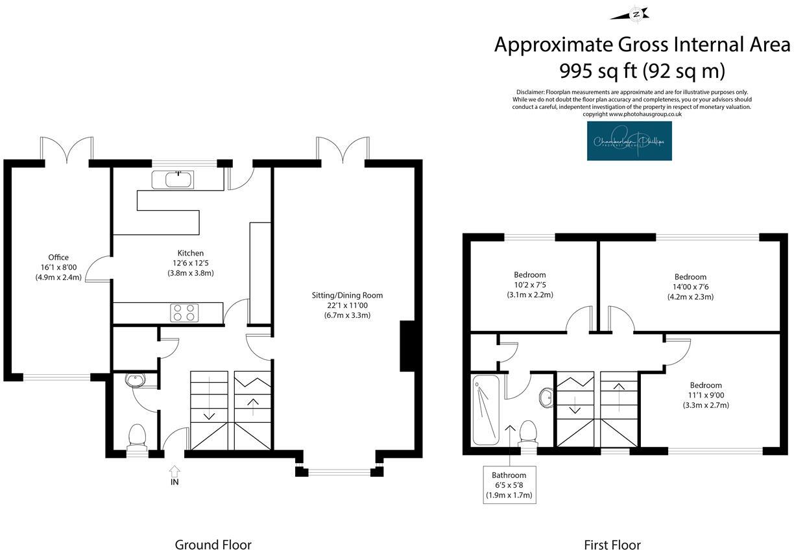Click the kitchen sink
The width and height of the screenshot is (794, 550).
click(x=173, y=180)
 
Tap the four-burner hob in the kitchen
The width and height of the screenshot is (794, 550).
click(x=183, y=313)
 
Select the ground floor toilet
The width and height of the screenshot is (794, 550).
click(x=137, y=436)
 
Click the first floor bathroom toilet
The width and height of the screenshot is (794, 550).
click(x=529, y=433)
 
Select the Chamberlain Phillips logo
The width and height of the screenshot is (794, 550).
click(x=629, y=141)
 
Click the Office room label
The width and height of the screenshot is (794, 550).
click(x=58, y=257)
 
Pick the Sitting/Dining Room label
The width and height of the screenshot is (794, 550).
click(x=347, y=295)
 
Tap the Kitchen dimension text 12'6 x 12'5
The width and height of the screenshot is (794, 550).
click(x=191, y=263)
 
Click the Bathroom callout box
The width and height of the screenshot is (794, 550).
click(x=509, y=485)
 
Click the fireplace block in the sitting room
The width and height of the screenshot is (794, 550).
click(x=407, y=346)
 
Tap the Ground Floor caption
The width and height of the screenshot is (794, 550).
click(x=213, y=544)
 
